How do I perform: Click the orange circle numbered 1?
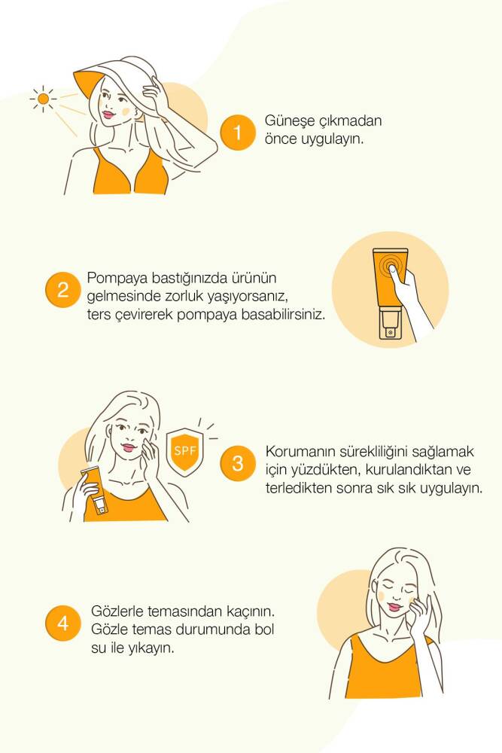238,133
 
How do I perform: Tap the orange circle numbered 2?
63,290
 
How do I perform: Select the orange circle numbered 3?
238,463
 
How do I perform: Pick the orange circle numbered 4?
63,623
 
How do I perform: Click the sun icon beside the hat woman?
43,99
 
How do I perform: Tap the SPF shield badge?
185,451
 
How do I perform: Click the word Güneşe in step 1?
290,120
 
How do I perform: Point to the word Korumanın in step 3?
300,451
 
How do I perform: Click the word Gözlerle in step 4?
117,611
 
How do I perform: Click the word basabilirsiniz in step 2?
283,315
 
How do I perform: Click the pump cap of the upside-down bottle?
390,325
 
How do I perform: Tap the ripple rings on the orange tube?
390,265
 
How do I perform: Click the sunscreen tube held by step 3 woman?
95,490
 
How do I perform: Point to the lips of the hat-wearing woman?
107,114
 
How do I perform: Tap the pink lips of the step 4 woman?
393,606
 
